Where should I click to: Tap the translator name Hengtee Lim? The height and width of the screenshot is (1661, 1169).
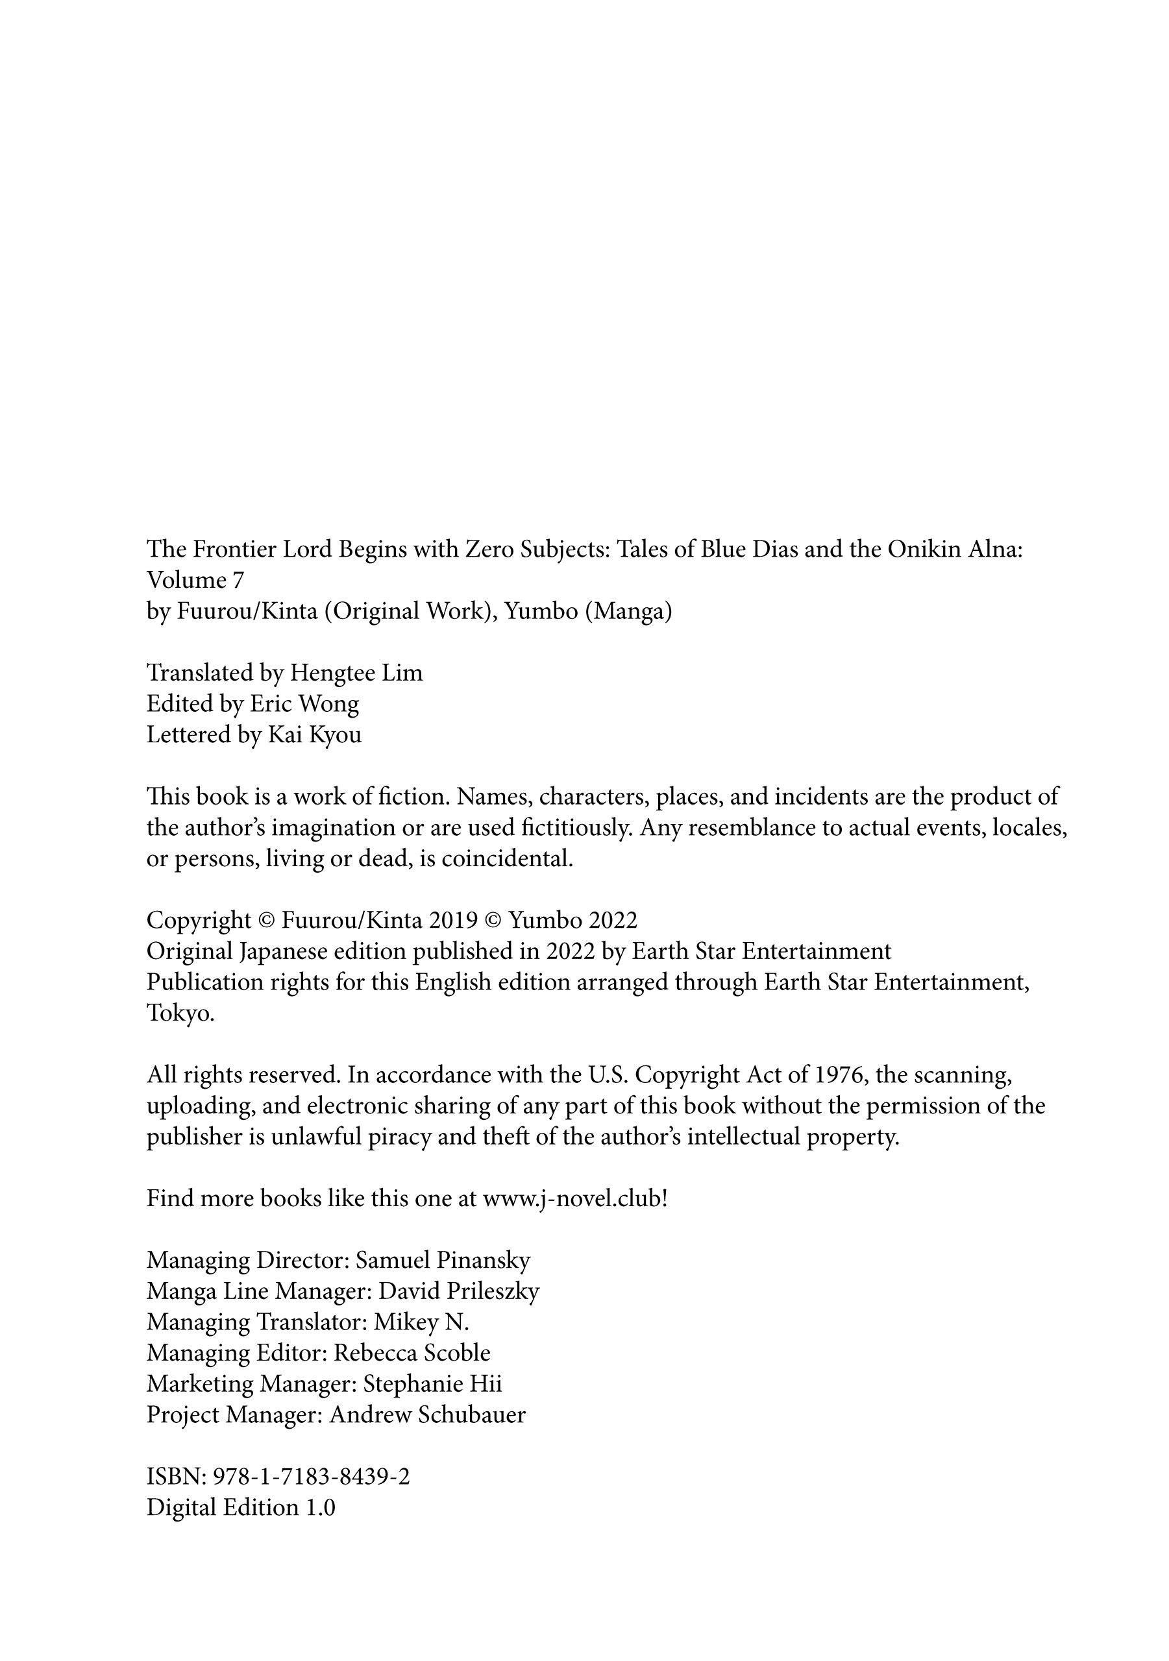coord(356,673)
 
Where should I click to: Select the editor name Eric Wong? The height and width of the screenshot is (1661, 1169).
coord(304,704)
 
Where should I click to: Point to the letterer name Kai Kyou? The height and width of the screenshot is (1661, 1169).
coord(314,735)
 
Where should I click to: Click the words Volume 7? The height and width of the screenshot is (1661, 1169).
coord(195,580)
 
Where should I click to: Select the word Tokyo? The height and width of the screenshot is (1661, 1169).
coord(180,1013)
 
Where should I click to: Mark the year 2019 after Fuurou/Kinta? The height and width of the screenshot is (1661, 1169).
coord(452,920)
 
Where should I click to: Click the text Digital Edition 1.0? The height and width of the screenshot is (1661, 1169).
coord(241,1508)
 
